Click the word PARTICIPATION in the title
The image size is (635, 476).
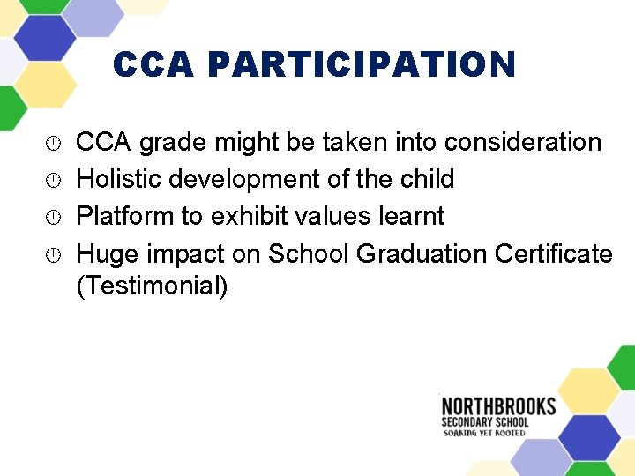362,65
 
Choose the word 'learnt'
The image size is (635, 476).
415,216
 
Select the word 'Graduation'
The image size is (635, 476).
422,254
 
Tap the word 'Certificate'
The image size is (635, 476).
554,254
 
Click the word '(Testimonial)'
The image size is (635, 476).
152,286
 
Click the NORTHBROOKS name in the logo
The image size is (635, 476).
498,407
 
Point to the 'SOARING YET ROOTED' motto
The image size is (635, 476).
484,433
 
